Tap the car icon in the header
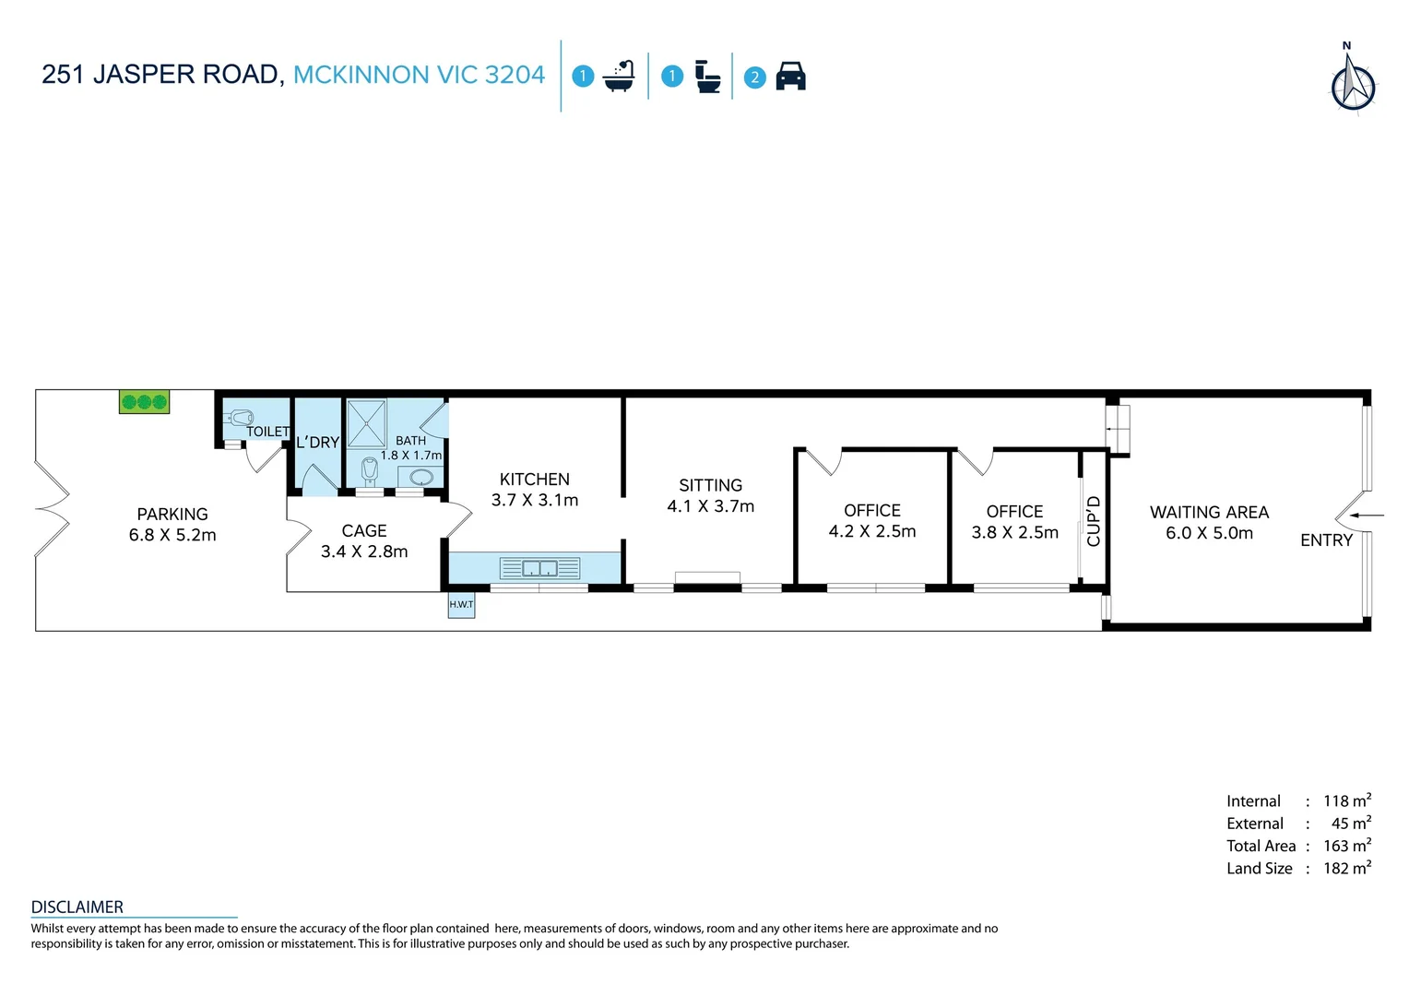tap(790, 77)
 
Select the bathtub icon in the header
tap(619, 77)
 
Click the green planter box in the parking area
tap(144, 401)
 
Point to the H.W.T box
tap(461, 605)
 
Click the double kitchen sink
tap(539, 569)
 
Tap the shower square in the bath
tap(366, 423)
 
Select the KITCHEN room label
tap(535, 480)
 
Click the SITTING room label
tap(711, 486)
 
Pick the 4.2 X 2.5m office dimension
tap(871, 532)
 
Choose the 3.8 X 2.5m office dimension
tap(1014, 533)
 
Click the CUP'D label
tap(1094, 521)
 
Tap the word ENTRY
tap(1327, 540)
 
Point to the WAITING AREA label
tap(1210, 513)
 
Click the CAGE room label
tap(364, 531)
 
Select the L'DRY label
tap(317, 443)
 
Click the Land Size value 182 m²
tap(1346, 868)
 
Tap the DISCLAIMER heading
tap(77, 907)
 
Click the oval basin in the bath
tap(420, 476)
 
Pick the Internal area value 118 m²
tap(1346, 800)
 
